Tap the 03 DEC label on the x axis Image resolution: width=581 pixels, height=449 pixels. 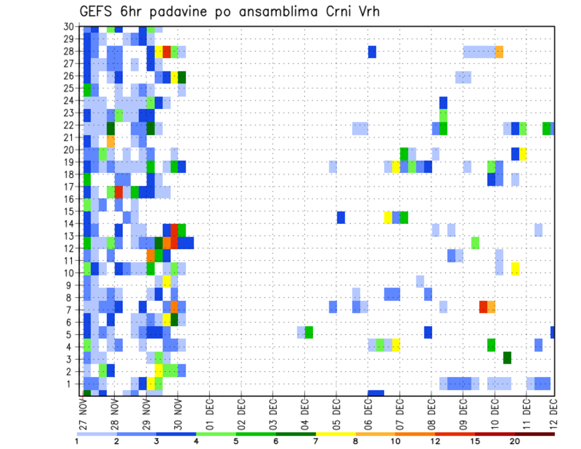tap(272, 413)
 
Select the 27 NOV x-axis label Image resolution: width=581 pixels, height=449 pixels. tap(82, 413)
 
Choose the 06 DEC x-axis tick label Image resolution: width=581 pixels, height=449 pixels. tap(367, 413)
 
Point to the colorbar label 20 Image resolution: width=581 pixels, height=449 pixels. tap(515, 441)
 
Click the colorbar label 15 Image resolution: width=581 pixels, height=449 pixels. tap(476, 441)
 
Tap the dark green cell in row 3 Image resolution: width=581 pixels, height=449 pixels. tap(507, 358)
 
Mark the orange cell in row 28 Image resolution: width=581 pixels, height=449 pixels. tap(499, 51)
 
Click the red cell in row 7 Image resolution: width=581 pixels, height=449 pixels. tap(484, 307)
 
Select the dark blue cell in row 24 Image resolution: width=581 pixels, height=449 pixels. tap(443, 101)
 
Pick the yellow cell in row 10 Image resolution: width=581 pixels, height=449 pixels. tap(515, 268)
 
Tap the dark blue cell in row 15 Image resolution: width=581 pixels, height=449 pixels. tap(341, 217)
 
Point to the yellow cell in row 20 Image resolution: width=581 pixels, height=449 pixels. tap(523, 154)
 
